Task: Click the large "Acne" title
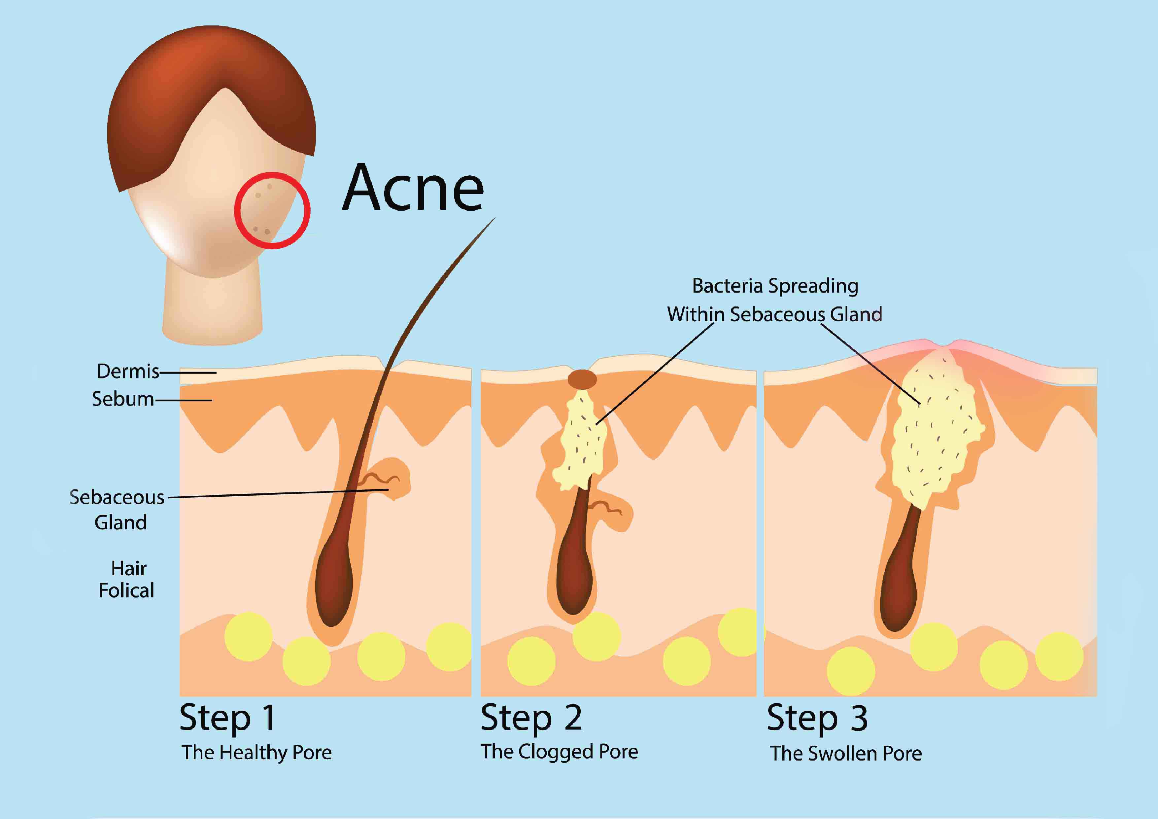(413, 188)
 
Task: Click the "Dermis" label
(128, 372)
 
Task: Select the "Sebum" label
(122, 399)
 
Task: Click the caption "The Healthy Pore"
(257, 752)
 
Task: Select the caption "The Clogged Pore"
(559, 751)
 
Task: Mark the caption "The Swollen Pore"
(846, 753)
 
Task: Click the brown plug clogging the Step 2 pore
(582, 379)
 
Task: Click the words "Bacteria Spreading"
(775, 286)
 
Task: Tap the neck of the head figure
(212, 308)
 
